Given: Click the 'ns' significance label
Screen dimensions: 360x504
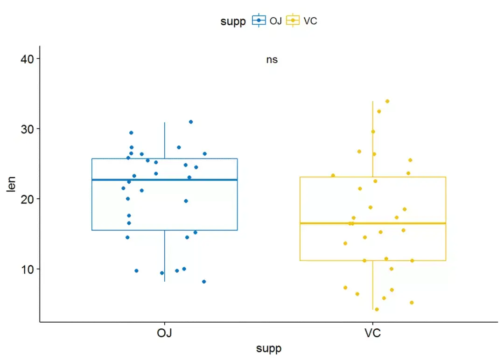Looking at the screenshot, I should click(x=272, y=60).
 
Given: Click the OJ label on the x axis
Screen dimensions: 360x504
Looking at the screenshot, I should click(x=164, y=333).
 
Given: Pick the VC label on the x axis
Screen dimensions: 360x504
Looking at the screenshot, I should click(x=373, y=333).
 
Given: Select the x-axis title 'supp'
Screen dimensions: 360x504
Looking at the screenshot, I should click(x=268, y=349).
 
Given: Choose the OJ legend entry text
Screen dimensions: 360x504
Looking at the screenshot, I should click(x=275, y=21).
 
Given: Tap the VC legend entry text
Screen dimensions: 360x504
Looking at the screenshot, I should click(x=310, y=21).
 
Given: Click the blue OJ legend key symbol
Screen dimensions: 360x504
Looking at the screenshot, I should click(x=259, y=21).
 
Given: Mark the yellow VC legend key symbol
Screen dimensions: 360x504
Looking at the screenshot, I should click(x=293, y=21).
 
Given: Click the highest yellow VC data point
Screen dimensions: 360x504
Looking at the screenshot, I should click(x=387, y=101).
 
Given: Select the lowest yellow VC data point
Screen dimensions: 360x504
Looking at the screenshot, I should click(x=377, y=309).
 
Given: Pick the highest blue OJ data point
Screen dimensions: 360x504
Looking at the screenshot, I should click(x=191, y=122).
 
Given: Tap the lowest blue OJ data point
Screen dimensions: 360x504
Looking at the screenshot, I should click(x=204, y=282).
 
